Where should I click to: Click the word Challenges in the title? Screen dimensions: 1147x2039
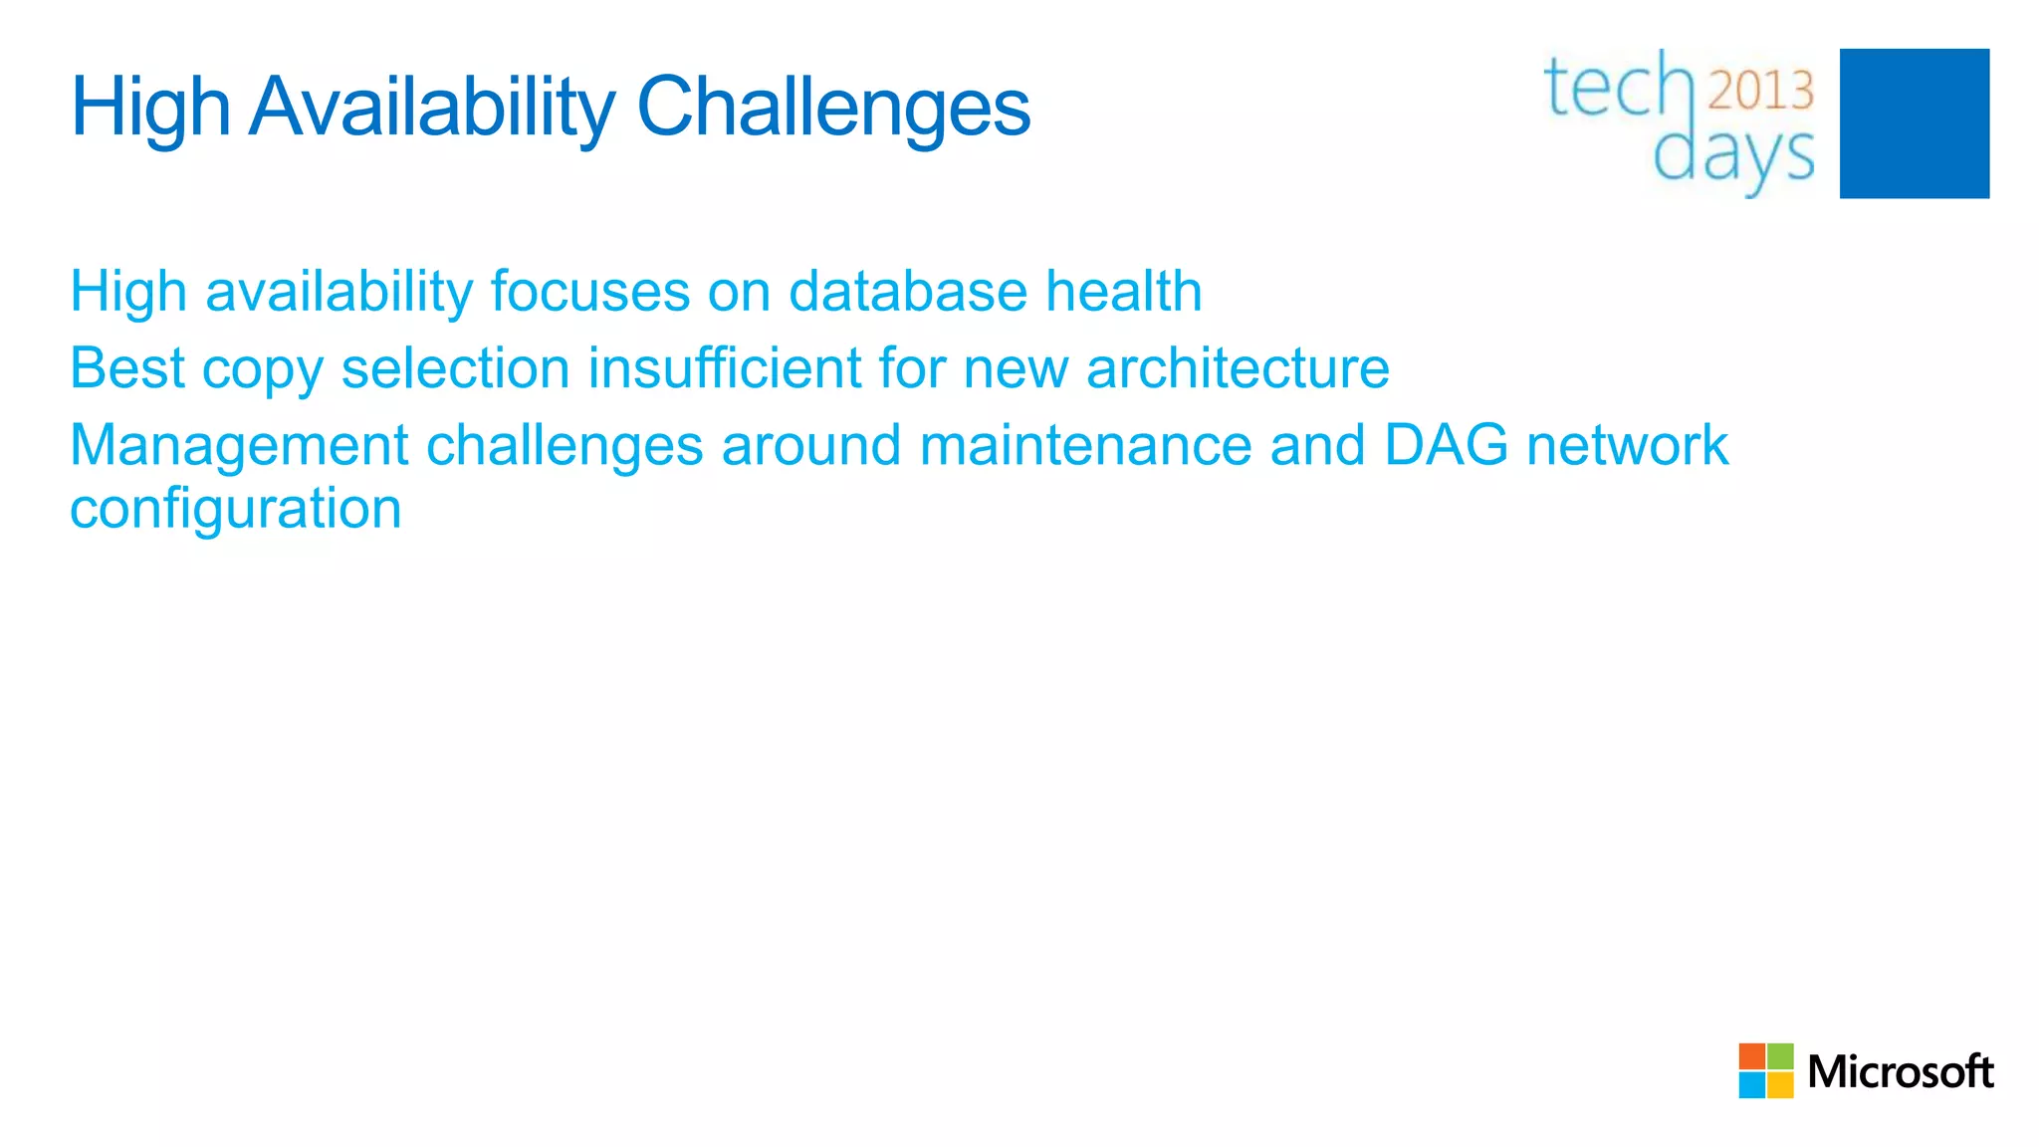pyautogui.click(x=832, y=108)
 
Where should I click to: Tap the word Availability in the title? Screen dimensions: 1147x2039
pyautogui.click(x=431, y=108)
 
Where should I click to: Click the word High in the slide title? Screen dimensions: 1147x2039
pyautogui.click(x=149, y=108)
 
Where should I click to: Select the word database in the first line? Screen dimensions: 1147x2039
pyautogui.click(x=907, y=292)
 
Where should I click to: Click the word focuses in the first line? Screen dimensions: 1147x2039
pyautogui.click(x=590, y=292)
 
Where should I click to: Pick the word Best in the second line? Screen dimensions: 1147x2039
pyautogui.click(x=126, y=368)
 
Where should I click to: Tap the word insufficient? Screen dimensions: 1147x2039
pyautogui.click(x=723, y=368)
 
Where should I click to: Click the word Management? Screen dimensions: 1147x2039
pyautogui.click(x=238, y=445)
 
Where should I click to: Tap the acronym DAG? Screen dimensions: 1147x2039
pyautogui.click(x=1446, y=445)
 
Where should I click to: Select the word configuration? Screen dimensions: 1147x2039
pyautogui.click(x=235, y=509)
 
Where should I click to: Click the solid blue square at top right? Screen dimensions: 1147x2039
pyautogui.click(x=1914, y=123)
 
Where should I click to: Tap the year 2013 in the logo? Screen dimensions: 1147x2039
pyautogui.click(x=1760, y=91)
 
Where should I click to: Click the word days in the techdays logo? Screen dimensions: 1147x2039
pyautogui.click(x=1733, y=157)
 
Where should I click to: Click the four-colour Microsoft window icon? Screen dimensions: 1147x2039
pyautogui.click(x=1765, y=1070)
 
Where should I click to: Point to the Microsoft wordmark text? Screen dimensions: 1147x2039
pyautogui.click(x=1900, y=1072)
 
